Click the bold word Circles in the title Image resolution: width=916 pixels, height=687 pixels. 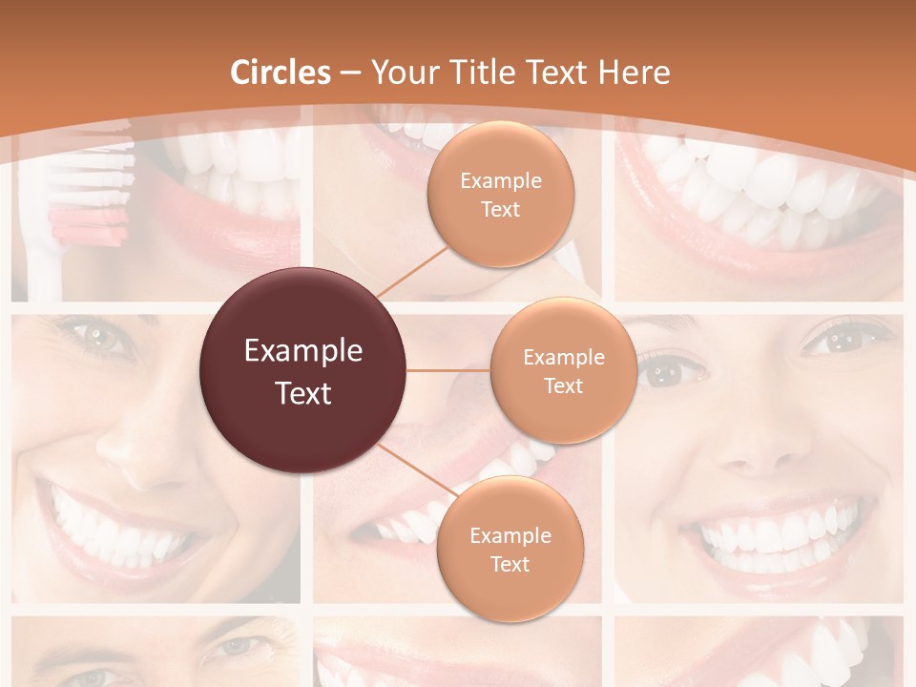click(281, 73)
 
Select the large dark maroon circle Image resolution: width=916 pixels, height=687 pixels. click(302, 370)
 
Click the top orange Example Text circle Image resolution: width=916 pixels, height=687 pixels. click(501, 194)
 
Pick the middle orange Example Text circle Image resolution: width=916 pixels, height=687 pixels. click(563, 370)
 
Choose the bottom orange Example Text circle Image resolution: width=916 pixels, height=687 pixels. click(510, 549)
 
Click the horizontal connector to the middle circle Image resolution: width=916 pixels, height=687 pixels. click(448, 370)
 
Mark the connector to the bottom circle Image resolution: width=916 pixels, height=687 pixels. click(415, 471)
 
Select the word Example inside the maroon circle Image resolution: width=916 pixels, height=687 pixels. click(303, 351)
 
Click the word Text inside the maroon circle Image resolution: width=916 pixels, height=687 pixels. click(303, 392)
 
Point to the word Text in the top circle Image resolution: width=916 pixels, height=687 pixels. click(501, 209)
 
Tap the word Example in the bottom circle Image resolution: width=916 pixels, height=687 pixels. click(510, 535)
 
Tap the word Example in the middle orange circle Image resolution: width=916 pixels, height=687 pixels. click(563, 357)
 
